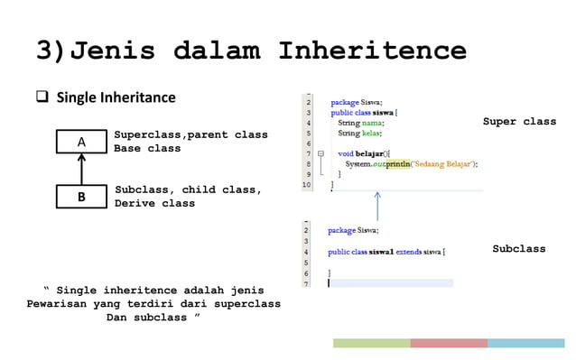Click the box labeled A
pos(81,142)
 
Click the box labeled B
pos(81,197)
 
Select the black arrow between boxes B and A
pos(81,169)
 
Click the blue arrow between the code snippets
pos(377,207)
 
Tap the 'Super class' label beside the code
pos(519,122)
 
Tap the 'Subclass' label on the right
pos(518,249)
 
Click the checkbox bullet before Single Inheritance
pos(42,97)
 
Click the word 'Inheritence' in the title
pos(372,50)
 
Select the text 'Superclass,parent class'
pos(190,135)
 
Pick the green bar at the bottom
pos(371,343)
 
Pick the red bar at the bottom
pos(449,343)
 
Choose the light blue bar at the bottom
pos(525,343)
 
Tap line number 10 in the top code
pos(306,184)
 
